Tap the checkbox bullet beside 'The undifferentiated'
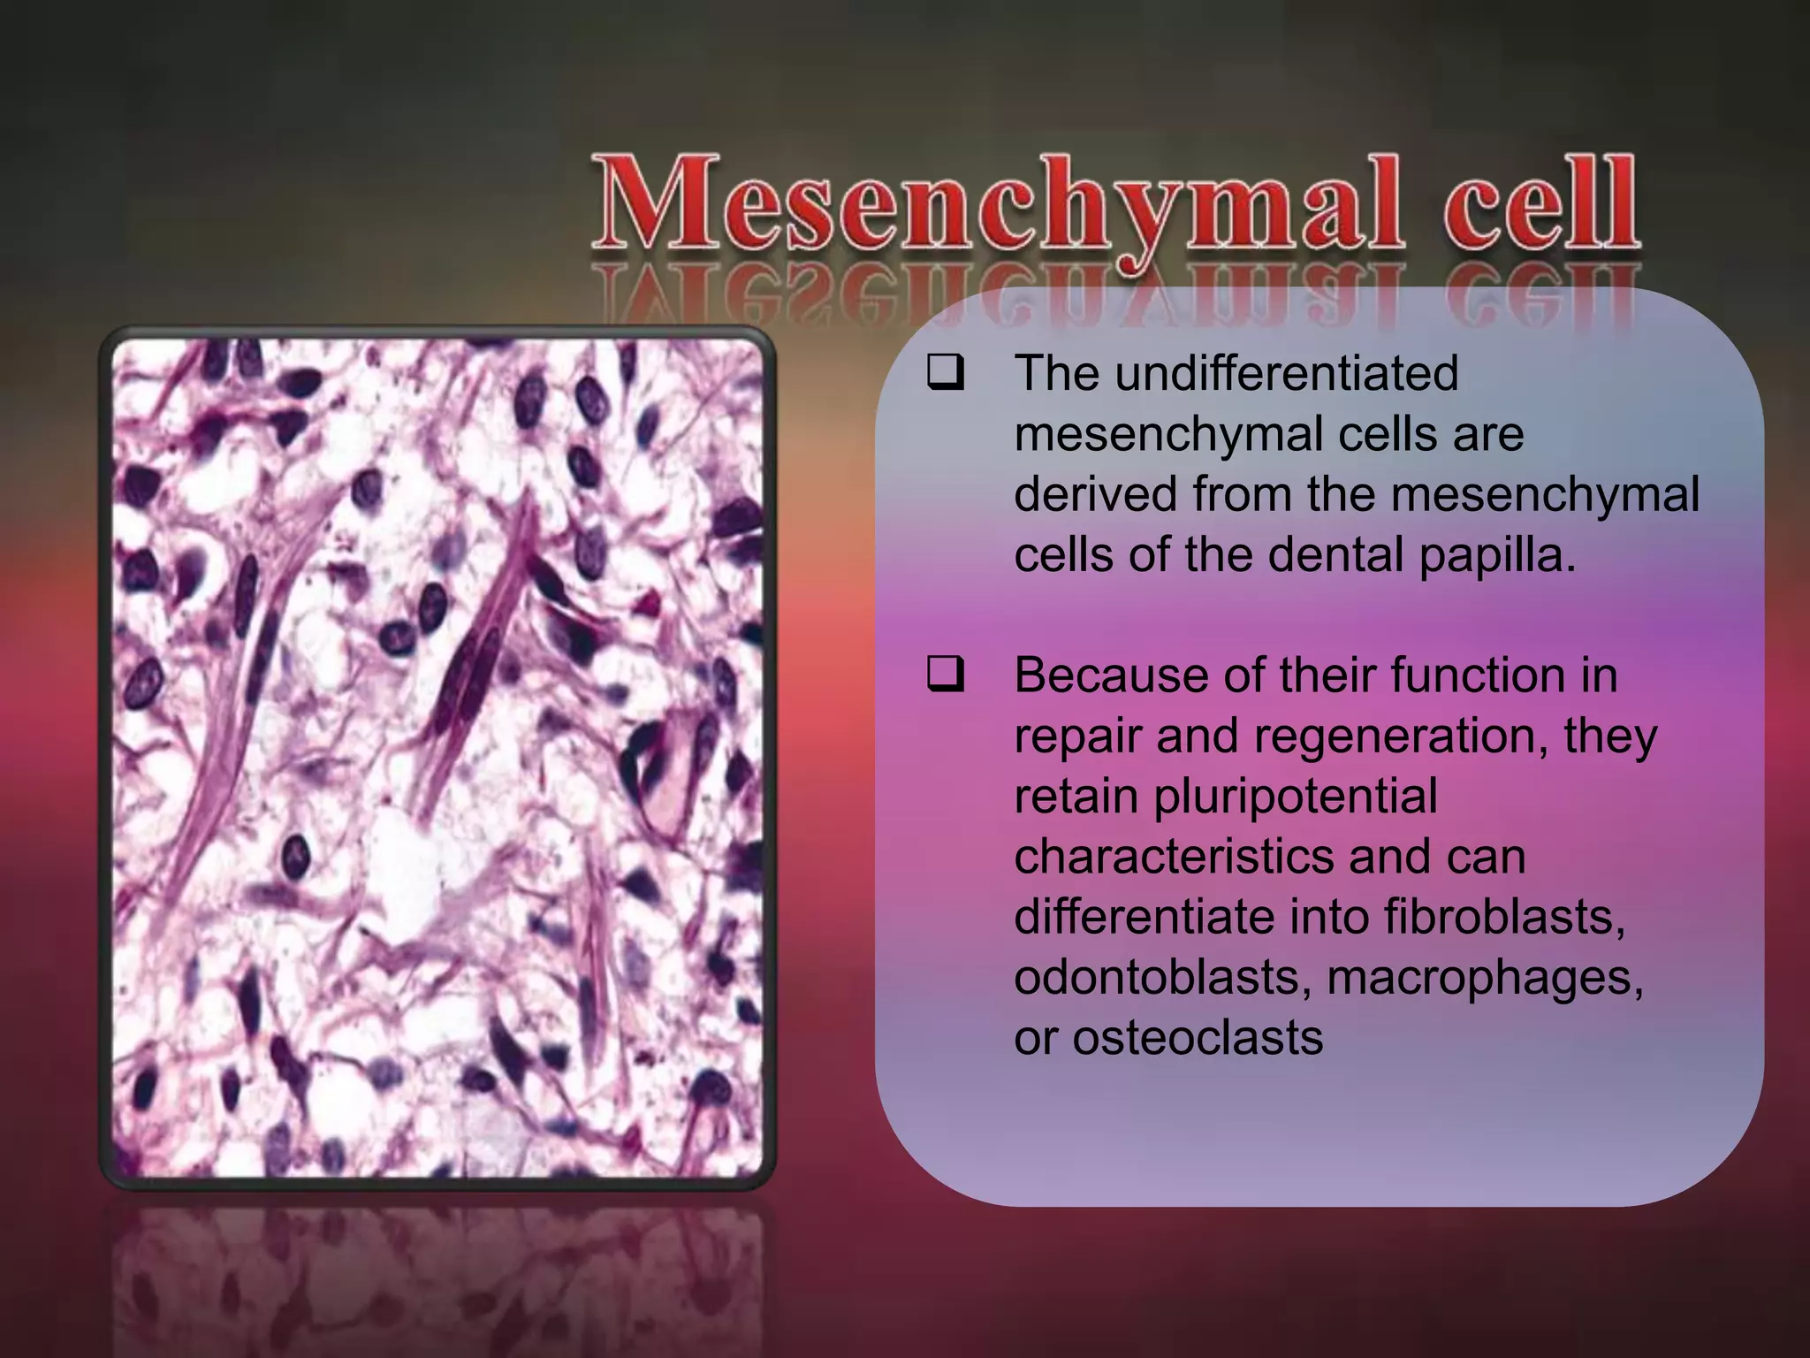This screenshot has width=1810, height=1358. click(945, 374)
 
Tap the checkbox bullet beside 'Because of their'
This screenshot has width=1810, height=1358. click(945, 676)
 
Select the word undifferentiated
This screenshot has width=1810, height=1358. click(1286, 373)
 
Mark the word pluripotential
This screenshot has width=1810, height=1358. click(1296, 797)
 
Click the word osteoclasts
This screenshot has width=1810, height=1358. click(1198, 1037)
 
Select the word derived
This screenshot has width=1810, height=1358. click(1095, 494)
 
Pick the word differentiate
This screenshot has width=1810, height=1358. click(1145, 917)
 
